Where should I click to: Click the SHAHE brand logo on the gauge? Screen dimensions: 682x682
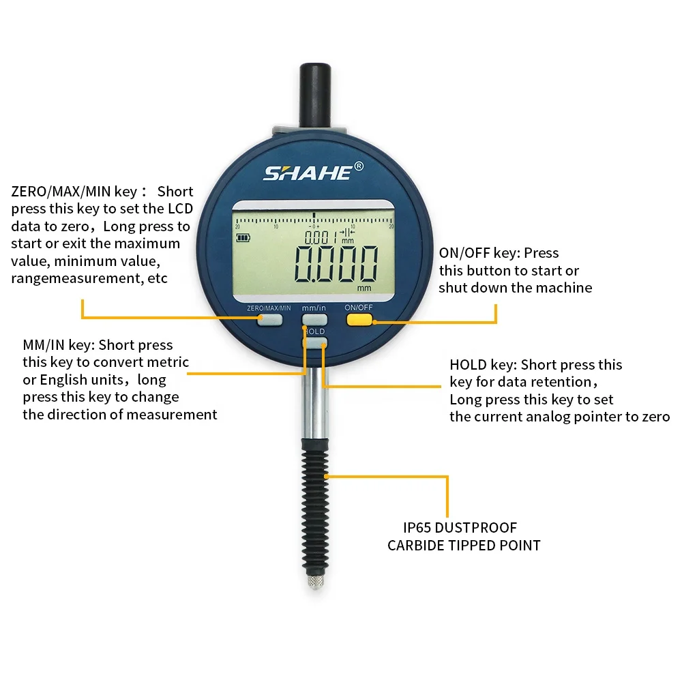tap(308, 173)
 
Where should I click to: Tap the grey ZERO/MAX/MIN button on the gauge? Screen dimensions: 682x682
tap(269, 321)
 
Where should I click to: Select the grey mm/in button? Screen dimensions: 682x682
tap(314, 319)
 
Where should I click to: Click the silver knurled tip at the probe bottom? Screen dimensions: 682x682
tap(314, 582)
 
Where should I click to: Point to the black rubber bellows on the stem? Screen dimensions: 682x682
tap(314, 505)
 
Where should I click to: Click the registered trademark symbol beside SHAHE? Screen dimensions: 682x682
tap(359, 166)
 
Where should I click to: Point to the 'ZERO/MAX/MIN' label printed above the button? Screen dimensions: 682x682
tap(269, 308)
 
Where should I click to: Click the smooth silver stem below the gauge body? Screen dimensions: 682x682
tap(314, 402)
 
